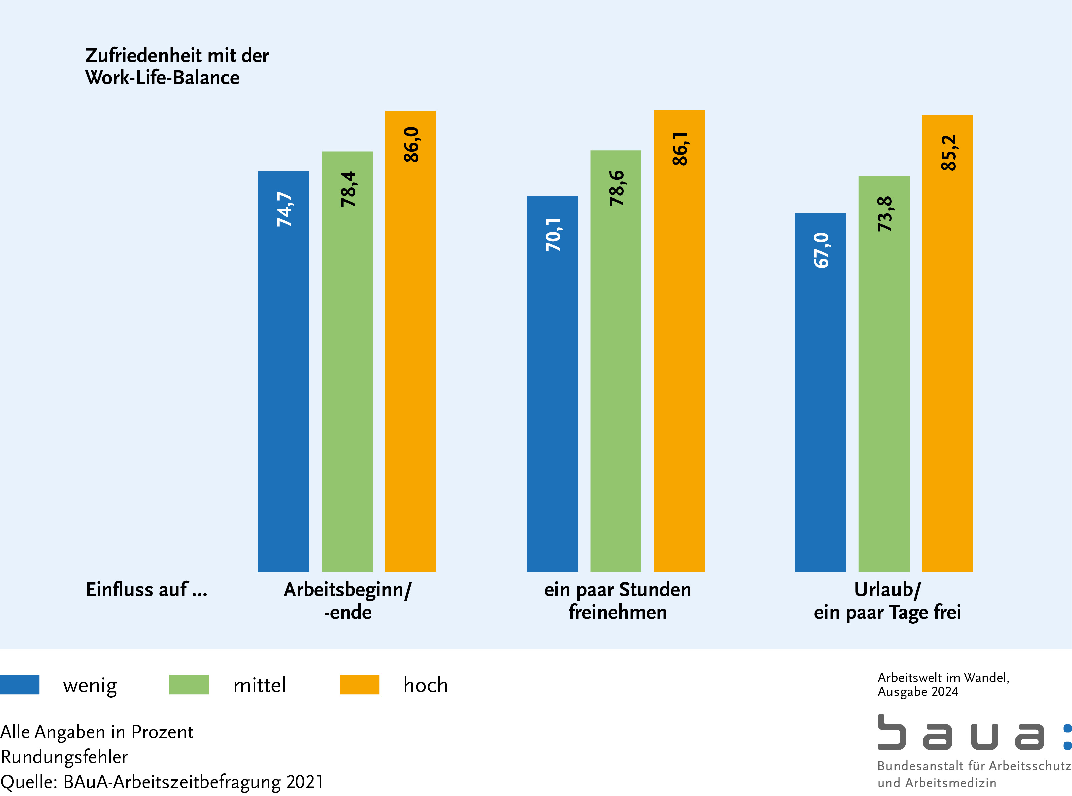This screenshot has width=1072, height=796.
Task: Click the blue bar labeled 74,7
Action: pos(283,371)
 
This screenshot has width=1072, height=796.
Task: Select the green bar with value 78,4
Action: pos(347,361)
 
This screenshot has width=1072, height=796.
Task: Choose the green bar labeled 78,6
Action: pos(615,361)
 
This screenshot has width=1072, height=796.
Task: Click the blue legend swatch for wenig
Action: pos(20,684)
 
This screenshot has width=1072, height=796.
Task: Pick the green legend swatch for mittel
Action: pos(189,684)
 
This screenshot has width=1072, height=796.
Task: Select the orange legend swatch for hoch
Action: pos(359,684)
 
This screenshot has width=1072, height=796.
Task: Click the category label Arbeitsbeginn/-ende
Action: pos(347,601)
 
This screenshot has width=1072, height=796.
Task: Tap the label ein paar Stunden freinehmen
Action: pos(617,601)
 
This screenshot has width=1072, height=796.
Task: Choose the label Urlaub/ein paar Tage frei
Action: pos(887,601)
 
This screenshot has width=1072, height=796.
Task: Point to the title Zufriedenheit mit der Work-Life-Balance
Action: pos(176,66)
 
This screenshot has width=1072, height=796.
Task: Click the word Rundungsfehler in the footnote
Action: pos(64,757)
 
